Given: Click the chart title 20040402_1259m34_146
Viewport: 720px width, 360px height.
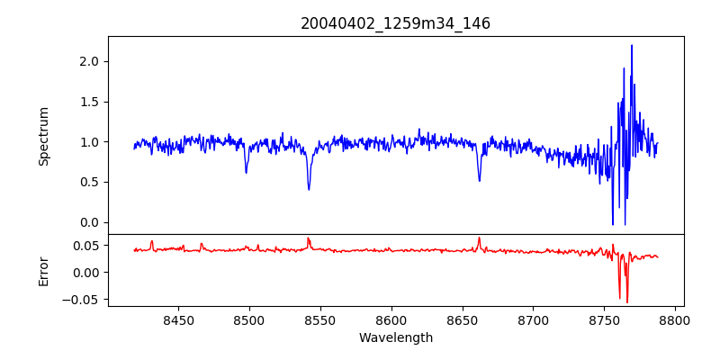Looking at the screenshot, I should [x=395, y=23].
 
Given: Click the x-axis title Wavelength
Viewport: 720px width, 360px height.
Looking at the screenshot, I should [x=395, y=337].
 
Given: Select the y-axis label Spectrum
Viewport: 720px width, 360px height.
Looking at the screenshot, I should [x=44, y=136].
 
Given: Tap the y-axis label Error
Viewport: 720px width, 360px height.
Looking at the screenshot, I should [x=44, y=271].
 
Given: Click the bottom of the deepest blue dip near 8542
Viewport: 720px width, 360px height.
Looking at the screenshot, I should [x=309, y=189].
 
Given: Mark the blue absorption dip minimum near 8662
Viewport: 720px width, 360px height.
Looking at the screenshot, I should [x=479, y=181].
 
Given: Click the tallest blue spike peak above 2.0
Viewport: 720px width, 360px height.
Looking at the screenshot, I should [x=632, y=46].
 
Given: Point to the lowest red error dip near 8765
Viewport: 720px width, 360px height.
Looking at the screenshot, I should [x=627, y=301].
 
